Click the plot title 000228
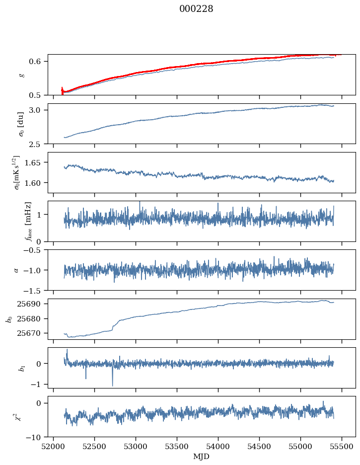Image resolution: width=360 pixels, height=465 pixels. click(x=196, y=9)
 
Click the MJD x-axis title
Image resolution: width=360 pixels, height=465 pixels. click(x=202, y=457)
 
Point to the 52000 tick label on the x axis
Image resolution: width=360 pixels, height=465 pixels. click(x=53, y=446)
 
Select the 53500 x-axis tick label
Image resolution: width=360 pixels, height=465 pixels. click(x=177, y=446)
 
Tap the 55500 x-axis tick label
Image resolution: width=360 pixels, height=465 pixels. click(x=342, y=446)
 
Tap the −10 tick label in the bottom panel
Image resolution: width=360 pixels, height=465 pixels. click(x=35, y=437)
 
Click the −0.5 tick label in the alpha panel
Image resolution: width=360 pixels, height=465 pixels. click(x=34, y=250)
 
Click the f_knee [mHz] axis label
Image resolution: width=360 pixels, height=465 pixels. click(x=28, y=221)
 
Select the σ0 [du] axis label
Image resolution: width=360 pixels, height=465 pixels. click(x=21, y=124)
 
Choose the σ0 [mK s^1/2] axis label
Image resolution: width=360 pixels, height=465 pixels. click(x=18, y=173)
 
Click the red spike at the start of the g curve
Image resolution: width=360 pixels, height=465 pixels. click(x=62, y=91)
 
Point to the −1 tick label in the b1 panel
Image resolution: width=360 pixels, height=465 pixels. click(x=38, y=385)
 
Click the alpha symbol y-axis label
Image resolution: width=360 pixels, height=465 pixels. click(x=16, y=270)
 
